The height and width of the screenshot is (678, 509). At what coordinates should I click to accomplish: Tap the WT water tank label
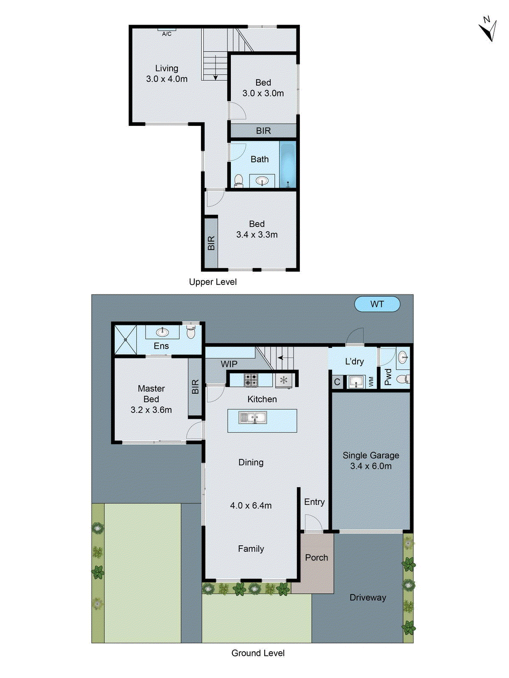(x=377, y=304)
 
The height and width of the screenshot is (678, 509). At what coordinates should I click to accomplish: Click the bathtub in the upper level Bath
(x=288, y=164)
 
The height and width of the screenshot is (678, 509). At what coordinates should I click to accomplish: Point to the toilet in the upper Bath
(x=239, y=181)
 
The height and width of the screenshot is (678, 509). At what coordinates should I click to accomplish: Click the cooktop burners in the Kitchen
(x=251, y=379)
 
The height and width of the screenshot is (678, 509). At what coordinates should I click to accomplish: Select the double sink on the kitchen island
(x=253, y=418)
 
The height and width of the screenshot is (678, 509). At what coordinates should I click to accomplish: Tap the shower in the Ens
(x=126, y=339)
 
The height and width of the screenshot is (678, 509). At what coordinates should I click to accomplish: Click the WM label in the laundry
(x=372, y=381)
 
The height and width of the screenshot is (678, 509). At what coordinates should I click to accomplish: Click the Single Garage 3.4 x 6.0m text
(x=371, y=461)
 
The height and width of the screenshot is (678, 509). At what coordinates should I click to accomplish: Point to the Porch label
(x=316, y=558)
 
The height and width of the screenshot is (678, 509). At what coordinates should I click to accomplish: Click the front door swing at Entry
(x=313, y=522)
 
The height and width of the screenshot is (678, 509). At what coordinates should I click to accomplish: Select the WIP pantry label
(x=229, y=364)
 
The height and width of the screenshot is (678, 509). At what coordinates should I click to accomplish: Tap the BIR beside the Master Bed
(x=195, y=386)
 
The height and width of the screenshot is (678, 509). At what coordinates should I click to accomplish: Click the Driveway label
(x=368, y=597)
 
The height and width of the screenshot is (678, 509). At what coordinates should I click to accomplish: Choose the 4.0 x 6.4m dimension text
(x=251, y=506)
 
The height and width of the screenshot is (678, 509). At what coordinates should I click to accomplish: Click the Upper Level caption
(x=213, y=282)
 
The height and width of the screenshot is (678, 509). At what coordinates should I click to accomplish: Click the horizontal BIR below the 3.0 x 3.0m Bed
(x=263, y=131)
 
